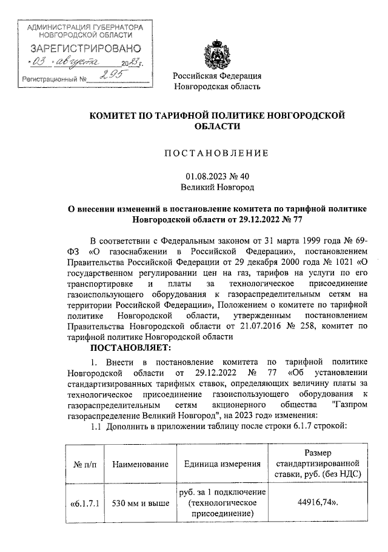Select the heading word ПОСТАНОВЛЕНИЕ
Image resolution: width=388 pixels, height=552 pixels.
(x=218, y=154)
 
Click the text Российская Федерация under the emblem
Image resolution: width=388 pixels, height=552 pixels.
(x=218, y=76)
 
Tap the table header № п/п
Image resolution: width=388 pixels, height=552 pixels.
(x=83, y=464)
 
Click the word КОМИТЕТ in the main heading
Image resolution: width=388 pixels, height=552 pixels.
(x=117, y=115)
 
